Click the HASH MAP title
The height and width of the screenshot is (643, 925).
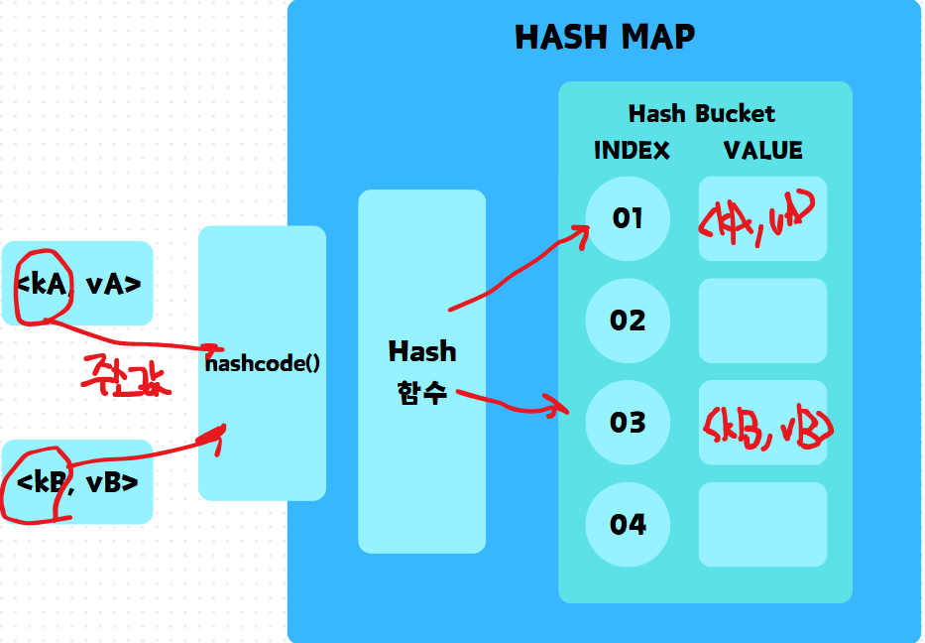point(605,38)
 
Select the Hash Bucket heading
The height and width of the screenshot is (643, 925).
point(701,113)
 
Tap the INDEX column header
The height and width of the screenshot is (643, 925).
point(632,150)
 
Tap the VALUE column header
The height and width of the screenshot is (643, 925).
point(762,150)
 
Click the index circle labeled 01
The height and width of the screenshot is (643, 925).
point(628,218)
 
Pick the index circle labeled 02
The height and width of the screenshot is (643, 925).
point(628,321)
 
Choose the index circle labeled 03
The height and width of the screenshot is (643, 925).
point(628,423)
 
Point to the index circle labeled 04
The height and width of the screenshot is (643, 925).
point(628,524)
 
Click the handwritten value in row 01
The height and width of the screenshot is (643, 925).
point(757,219)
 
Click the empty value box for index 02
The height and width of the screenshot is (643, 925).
point(762,321)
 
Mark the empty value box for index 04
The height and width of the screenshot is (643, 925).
point(762,524)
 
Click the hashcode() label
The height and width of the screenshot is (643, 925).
point(262,362)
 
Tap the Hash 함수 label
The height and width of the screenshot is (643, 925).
point(422,371)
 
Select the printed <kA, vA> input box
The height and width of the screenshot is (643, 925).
point(78,284)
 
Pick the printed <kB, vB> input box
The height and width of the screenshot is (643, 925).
point(77,482)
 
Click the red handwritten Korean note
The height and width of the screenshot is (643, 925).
point(126,375)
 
